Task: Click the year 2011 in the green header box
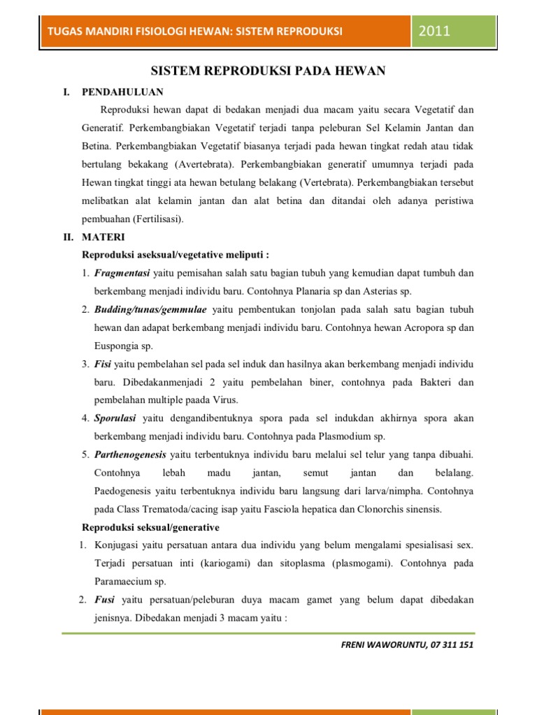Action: [x=435, y=31]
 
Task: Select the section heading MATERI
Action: [x=103, y=237]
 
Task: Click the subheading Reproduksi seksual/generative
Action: [x=151, y=527]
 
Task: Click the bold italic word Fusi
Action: [x=104, y=600]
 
